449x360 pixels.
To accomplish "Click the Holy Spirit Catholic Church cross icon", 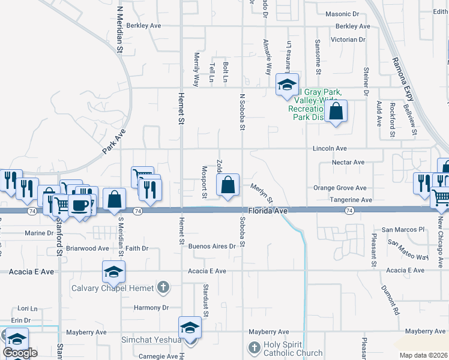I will tap(255, 347).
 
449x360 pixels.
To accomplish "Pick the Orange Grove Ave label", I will tap(340, 188).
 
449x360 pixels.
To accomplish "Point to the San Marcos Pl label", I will tap(403, 230).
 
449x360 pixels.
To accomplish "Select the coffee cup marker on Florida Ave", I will tap(80, 206).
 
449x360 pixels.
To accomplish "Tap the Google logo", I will tap(20, 353).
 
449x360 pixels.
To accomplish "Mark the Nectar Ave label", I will tap(348, 163).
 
